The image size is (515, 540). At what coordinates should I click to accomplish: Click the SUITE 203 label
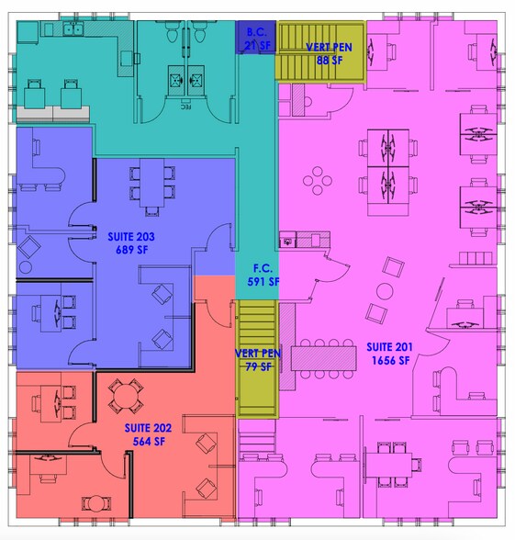131,237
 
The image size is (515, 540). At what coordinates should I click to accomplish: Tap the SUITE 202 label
148,428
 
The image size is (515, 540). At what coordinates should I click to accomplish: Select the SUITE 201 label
389,347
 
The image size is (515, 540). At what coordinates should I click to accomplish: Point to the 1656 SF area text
391,361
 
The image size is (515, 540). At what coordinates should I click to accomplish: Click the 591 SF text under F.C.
263,282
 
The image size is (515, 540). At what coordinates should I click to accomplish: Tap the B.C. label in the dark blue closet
256,32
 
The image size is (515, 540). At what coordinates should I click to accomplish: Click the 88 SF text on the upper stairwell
330,61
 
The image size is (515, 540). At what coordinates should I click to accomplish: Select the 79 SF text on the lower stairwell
258,366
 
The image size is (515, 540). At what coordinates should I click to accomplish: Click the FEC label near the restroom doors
185,107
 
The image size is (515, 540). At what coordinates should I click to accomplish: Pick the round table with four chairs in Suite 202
126,397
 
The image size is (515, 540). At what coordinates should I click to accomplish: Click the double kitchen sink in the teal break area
73,29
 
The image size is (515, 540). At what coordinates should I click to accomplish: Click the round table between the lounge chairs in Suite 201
385,291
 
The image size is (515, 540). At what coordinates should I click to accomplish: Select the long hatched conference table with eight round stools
323,358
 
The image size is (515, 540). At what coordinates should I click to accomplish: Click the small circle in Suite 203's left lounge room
25,267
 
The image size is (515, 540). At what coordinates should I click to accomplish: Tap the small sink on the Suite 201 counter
287,242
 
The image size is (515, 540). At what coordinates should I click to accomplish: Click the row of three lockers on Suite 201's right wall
476,258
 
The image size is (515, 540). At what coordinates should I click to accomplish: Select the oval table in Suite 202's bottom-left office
96,503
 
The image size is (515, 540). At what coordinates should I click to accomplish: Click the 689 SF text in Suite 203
132,250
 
